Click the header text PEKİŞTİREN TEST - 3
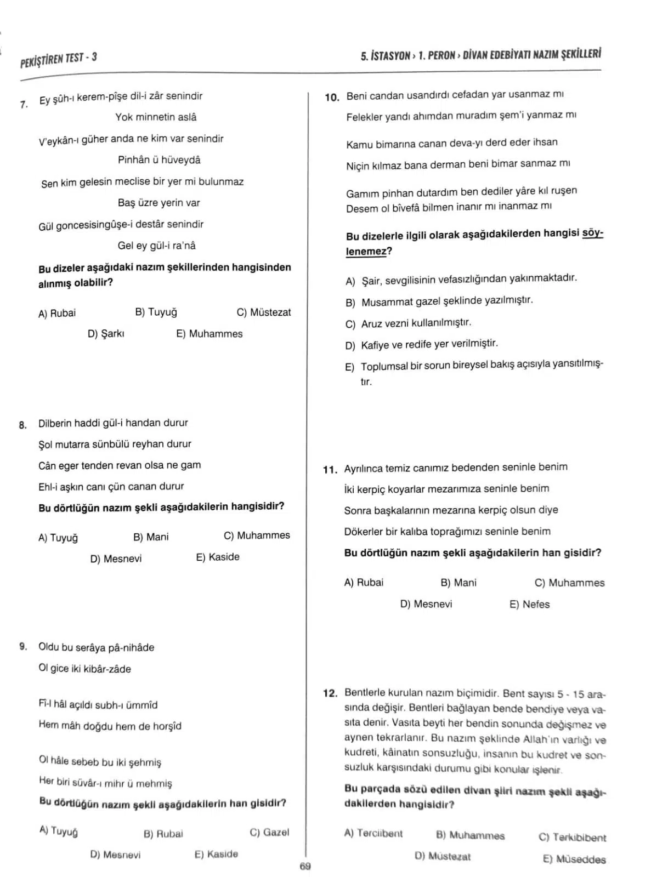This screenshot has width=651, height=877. pos(58,59)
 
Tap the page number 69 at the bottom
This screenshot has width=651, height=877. pos(305,866)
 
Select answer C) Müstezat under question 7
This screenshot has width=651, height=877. pos(263,312)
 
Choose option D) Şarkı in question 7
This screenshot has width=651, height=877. pos(106,333)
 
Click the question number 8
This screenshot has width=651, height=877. pos(22,425)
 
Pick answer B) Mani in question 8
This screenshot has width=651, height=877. pos(151,537)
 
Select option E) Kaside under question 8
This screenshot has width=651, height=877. pos(217,557)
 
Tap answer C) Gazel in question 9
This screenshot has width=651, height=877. pos(269,832)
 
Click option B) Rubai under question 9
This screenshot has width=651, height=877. pos(163,834)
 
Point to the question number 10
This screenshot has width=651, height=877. pos(332,98)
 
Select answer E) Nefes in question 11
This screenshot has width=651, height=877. pos(529,604)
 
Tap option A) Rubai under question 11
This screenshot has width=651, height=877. pos(363,582)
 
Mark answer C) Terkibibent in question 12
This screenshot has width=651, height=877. pos(572,837)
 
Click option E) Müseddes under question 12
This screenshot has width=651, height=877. pos(574,859)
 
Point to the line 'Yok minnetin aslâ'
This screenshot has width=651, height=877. pos(156,117)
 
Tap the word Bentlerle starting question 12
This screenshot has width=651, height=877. pos(366,693)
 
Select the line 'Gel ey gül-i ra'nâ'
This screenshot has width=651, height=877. pos(156,246)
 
